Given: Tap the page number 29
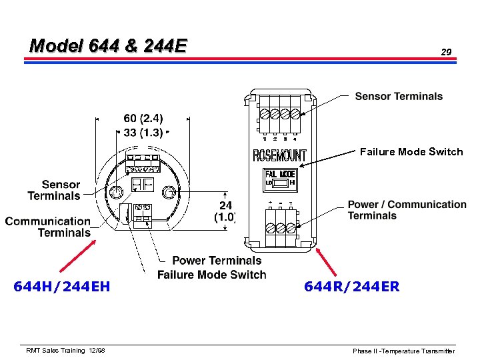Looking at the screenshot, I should [446, 51].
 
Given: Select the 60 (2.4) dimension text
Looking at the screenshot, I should [143, 119].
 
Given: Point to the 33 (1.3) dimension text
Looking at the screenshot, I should [143, 131].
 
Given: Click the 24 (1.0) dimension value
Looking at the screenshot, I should [225, 211].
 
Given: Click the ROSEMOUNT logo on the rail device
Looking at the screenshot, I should [280, 156].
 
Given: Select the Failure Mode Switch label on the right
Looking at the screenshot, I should [411, 152].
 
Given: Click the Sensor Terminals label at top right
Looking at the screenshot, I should [399, 97].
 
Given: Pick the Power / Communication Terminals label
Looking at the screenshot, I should [407, 210].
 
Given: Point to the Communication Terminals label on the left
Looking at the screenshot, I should [48, 227].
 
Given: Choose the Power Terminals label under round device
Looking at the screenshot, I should [217, 261].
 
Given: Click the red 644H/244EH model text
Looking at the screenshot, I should [61, 287].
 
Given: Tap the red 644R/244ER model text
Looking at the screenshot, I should [351, 287].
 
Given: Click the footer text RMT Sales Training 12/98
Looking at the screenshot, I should [65, 350].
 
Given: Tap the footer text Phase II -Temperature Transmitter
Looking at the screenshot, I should [403, 351].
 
